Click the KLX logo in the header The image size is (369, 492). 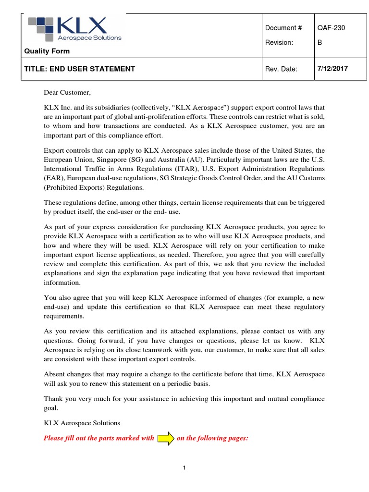[x=74, y=29]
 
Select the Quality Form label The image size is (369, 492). [x=47, y=51]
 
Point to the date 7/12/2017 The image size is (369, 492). [x=332, y=69]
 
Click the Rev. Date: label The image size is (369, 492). [x=281, y=69]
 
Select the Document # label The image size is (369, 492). [x=283, y=28]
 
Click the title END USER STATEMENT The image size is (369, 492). [x=79, y=69]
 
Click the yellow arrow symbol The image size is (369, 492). [x=166, y=438]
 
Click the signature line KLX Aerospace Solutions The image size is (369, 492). [x=82, y=423]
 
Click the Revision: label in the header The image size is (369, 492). [x=279, y=42]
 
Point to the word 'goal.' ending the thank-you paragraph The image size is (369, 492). [x=51, y=408]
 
